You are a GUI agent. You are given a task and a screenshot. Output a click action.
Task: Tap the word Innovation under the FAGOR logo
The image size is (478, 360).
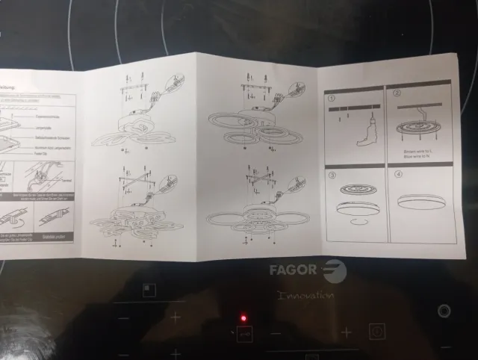coord(305,296)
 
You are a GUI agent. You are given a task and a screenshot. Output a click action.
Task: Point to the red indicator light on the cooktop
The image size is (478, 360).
coord(243,320)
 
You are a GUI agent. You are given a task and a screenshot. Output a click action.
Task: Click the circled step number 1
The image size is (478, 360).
coord(332,96)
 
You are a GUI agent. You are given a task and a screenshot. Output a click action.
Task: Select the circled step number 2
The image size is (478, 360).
coord(397,94)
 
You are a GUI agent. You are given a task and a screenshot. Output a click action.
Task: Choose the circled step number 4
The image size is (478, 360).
coord(399,176)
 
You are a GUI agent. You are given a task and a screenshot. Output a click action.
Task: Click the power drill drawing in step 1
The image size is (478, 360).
coord(365,137)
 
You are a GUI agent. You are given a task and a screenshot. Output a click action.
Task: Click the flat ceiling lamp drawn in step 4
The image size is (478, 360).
coord(422,202)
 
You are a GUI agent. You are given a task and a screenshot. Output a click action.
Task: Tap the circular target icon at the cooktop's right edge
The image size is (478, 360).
coord(444,311)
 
